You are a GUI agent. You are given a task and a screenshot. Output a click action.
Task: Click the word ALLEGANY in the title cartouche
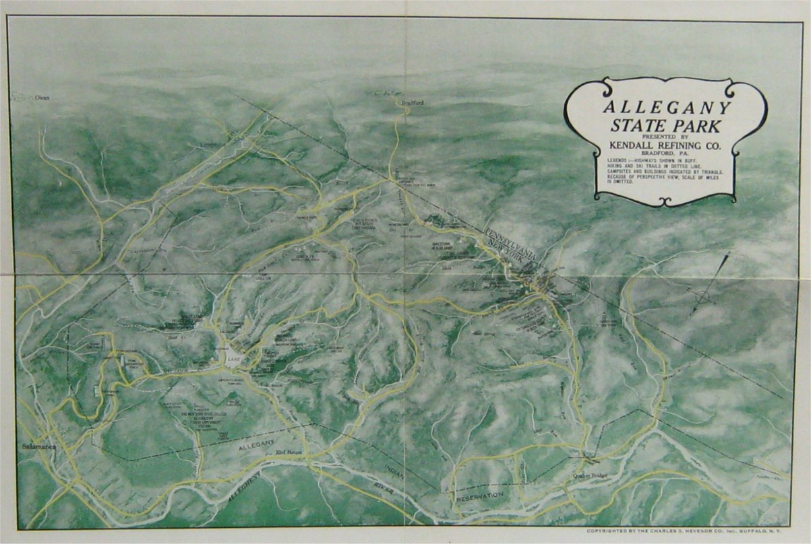(665, 108)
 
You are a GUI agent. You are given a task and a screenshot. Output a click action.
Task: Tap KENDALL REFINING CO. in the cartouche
(665, 145)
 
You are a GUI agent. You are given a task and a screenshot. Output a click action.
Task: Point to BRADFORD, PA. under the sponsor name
(665, 154)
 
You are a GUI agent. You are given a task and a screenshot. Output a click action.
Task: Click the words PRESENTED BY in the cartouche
(665, 136)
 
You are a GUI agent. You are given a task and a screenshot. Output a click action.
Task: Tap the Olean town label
(42, 98)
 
